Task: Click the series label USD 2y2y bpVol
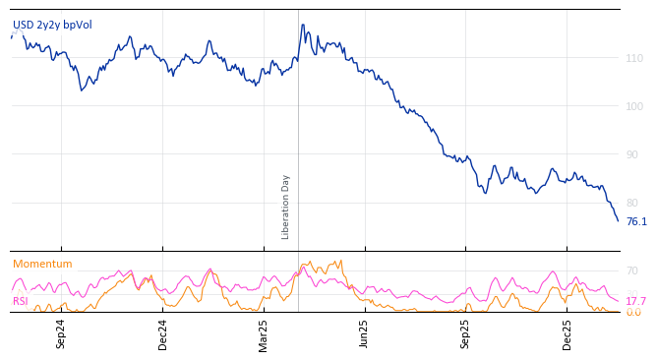[x=52, y=25]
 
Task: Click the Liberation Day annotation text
[x=286, y=207]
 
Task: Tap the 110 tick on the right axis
[x=634, y=59]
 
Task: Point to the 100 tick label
[x=634, y=106]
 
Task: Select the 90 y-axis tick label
[x=634, y=154]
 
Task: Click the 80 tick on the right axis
[x=634, y=203]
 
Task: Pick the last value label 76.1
[x=636, y=222]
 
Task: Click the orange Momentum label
[x=42, y=265]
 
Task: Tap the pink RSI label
[x=21, y=301]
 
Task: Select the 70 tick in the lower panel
[x=632, y=270]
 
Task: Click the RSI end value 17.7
[x=636, y=301]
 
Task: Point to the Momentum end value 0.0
[x=633, y=313]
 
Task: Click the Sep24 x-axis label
[x=61, y=334]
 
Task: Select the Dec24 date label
[x=162, y=334]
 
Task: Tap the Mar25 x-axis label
[x=264, y=334]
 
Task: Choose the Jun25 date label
[x=364, y=334]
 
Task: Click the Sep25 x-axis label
[x=465, y=334]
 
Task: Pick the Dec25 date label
[x=567, y=334]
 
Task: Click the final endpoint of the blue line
[x=618, y=220]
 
